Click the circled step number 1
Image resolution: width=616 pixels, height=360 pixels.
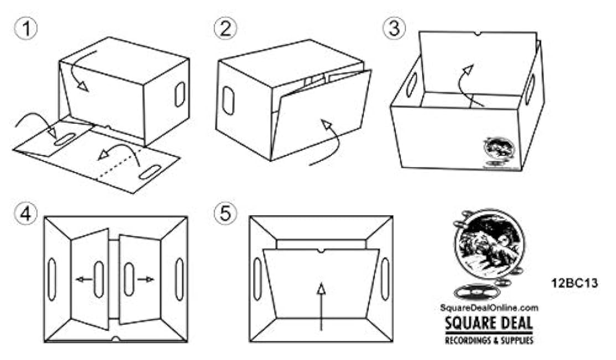click(25, 29)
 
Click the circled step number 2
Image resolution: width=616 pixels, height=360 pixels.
click(224, 29)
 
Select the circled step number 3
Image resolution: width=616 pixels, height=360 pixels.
click(394, 29)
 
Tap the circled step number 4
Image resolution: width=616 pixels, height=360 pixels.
click(25, 214)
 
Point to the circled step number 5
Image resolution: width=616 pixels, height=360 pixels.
click(224, 214)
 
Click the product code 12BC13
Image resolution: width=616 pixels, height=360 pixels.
click(574, 284)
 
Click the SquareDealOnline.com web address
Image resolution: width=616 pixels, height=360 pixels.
click(489, 308)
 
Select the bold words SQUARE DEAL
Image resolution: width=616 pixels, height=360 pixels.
click(489, 322)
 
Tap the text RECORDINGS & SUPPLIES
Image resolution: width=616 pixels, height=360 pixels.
click(489, 340)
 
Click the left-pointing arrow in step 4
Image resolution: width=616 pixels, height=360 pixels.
click(84, 280)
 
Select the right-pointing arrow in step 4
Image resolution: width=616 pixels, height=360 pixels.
click(146, 280)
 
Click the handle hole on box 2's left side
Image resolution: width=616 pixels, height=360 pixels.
click(228, 101)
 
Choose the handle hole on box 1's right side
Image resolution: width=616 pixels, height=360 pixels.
click(180, 94)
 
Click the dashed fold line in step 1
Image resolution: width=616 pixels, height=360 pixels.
click(116, 166)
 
